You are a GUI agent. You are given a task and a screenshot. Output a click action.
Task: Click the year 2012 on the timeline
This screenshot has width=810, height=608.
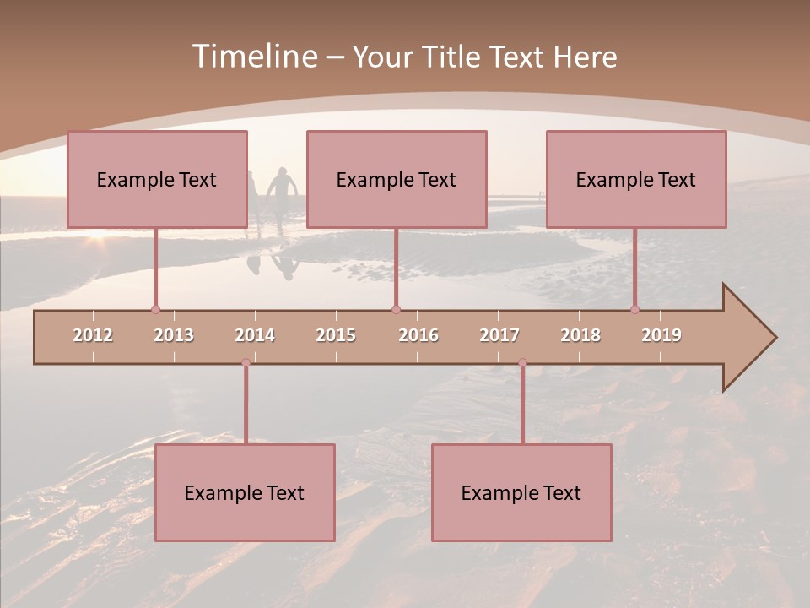[x=93, y=335]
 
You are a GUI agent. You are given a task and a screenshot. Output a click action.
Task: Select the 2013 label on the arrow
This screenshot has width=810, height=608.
[x=174, y=335]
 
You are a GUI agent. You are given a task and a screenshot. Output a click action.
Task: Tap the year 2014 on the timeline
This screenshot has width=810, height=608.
[x=255, y=335]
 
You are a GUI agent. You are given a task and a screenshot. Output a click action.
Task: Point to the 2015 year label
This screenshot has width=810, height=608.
[x=336, y=335]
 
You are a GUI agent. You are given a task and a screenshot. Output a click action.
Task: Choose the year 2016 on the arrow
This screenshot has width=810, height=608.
[x=418, y=335]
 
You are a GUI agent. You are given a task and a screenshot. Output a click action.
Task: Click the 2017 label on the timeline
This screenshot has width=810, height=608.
[x=499, y=335]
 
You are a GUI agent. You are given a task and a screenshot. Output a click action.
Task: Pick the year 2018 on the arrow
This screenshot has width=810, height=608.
[x=580, y=335]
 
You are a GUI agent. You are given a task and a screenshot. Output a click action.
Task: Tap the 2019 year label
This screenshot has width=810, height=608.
[x=661, y=335]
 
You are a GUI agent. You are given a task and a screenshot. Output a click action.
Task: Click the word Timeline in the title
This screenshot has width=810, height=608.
[x=252, y=57]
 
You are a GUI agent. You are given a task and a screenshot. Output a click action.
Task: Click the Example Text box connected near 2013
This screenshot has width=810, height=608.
[x=157, y=180]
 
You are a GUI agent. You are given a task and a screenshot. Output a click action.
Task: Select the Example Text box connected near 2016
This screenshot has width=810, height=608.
[x=397, y=180]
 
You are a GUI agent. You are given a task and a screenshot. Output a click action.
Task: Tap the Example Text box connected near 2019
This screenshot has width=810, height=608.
[x=636, y=180]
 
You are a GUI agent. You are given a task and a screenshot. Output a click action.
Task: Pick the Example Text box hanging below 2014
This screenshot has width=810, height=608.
[x=245, y=492]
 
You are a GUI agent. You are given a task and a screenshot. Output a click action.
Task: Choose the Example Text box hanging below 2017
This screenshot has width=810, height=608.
[x=521, y=492]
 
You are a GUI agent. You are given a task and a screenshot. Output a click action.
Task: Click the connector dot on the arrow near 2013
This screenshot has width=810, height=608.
[x=155, y=310]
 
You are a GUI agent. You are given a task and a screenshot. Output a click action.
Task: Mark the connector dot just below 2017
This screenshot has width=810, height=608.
[x=522, y=363]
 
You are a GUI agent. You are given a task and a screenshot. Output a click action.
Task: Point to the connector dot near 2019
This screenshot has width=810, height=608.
[x=634, y=310]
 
